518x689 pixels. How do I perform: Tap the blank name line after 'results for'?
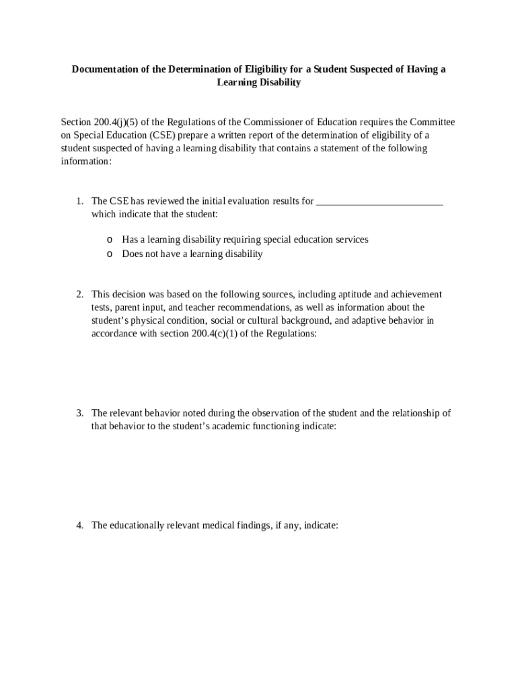(379, 201)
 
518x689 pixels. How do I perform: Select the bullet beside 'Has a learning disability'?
(109, 240)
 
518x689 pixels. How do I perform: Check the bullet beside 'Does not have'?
(109, 254)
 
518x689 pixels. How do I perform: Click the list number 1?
(79, 201)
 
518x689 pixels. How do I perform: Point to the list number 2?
(79, 294)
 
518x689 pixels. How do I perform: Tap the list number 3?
(79, 413)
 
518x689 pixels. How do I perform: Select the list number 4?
(79, 525)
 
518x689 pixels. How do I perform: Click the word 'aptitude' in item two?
(351, 294)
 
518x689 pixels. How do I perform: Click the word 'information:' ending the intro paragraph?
(86, 161)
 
